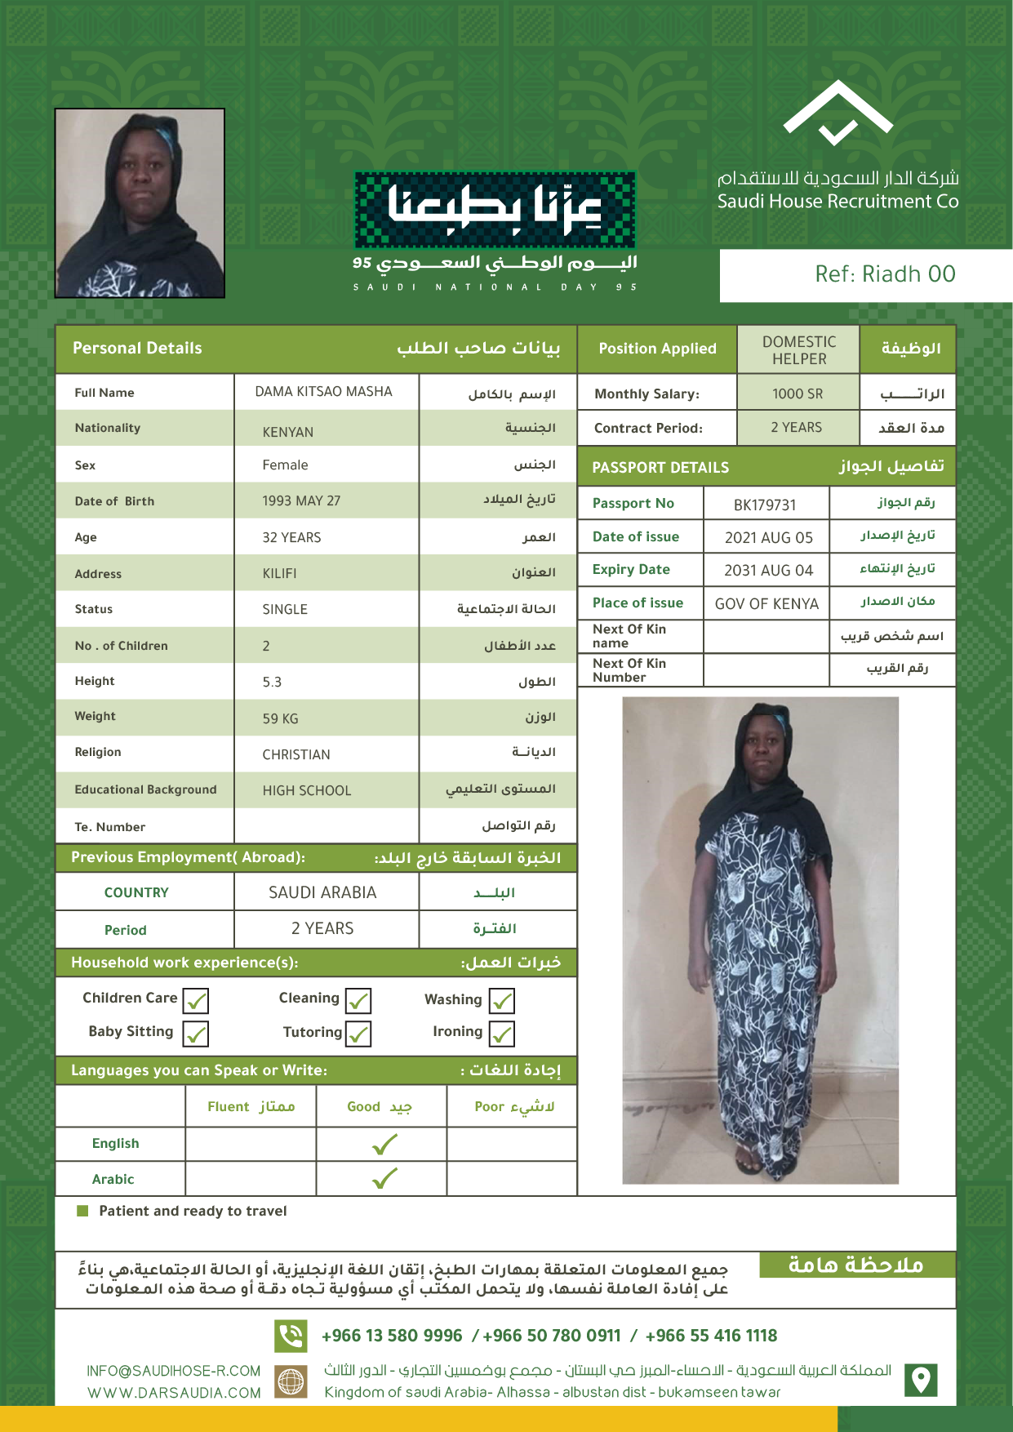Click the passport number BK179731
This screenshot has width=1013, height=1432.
point(764,505)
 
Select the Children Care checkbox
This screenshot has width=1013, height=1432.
point(195,1000)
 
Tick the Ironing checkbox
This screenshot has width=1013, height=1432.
point(502,1034)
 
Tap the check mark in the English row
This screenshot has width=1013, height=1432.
point(384,1145)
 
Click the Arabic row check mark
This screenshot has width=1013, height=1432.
point(384,1178)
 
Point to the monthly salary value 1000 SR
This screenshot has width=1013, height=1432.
point(798,394)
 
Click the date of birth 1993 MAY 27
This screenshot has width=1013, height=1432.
point(301,500)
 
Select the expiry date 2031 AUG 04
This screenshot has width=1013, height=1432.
point(768,570)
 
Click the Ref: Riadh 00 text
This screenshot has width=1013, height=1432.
point(885,274)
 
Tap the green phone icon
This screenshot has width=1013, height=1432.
point(291,1336)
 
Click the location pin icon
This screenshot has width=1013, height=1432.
point(921,1380)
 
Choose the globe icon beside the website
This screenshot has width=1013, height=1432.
point(291,1381)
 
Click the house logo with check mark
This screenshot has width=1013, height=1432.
point(838,114)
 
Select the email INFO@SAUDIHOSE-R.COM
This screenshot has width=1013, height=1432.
point(174,1371)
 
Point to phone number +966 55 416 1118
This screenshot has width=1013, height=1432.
point(711,1336)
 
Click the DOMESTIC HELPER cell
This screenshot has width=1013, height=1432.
point(798,350)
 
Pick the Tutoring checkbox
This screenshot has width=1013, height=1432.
point(358,1034)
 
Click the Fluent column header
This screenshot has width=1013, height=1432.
point(251,1106)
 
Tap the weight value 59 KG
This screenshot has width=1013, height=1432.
point(280,718)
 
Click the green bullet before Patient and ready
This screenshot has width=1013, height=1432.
point(82,1211)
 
